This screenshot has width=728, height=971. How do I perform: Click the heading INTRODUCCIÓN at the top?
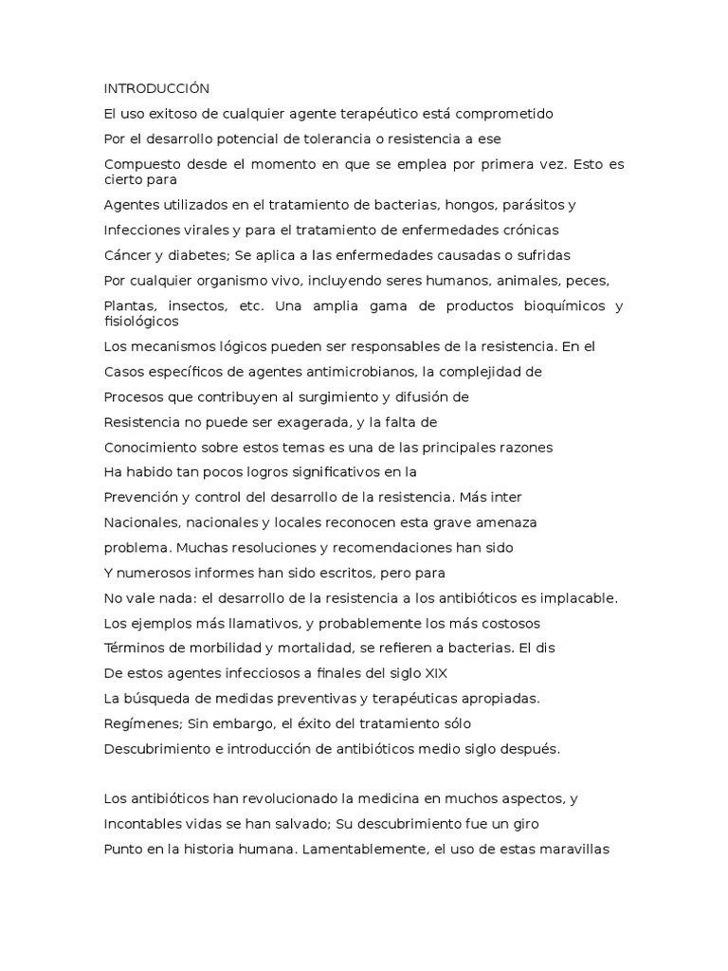[155, 88]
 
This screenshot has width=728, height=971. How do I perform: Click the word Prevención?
[141, 496]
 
